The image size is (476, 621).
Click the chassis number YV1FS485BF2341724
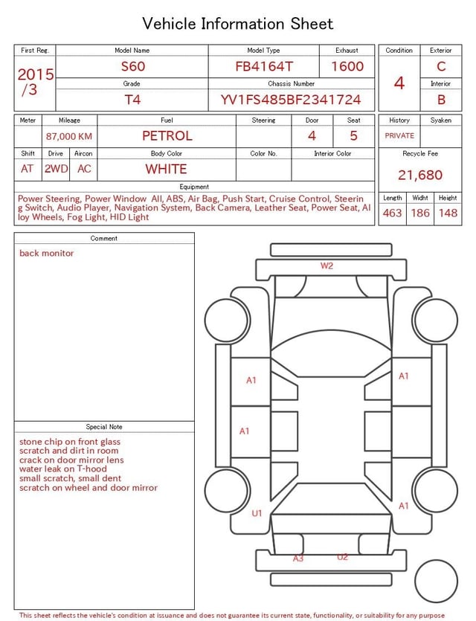(291, 100)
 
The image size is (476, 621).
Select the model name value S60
(133, 66)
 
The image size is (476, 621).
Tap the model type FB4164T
(264, 66)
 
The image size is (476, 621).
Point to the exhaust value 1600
(347, 66)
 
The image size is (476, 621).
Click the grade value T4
(132, 100)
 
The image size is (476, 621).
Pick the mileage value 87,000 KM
(69, 136)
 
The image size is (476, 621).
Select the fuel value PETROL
(167, 136)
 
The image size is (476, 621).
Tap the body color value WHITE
(166, 169)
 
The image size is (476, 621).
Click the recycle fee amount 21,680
(420, 175)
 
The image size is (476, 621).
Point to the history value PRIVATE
(399, 135)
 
